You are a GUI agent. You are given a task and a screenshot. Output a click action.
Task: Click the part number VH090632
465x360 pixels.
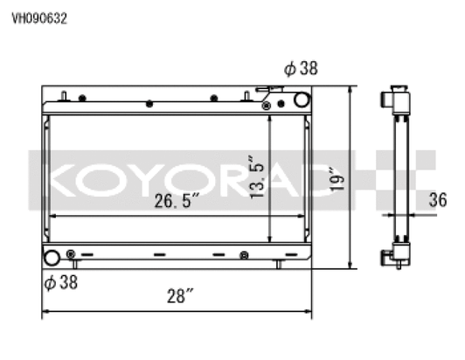tap(39, 18)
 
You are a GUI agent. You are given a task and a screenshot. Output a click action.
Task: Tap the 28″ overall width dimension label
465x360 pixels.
tap(180, 295)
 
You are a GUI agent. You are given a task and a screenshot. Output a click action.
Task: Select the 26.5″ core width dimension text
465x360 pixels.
tap(177, 200)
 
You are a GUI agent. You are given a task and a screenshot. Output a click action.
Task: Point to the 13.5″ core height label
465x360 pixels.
tap(256, 177)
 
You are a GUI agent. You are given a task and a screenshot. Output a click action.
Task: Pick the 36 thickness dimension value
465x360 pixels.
tap(438, 200)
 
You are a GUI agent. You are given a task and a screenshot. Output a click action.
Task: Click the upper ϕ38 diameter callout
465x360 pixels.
tap(301, 68)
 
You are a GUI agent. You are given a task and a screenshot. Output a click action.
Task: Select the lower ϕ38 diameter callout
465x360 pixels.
tap(61, 282)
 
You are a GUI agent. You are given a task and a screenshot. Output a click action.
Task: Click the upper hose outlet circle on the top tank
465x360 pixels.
tap(302, 100)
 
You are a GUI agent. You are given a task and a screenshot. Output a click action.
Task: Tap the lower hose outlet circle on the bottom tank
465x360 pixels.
tap(52, 258)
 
